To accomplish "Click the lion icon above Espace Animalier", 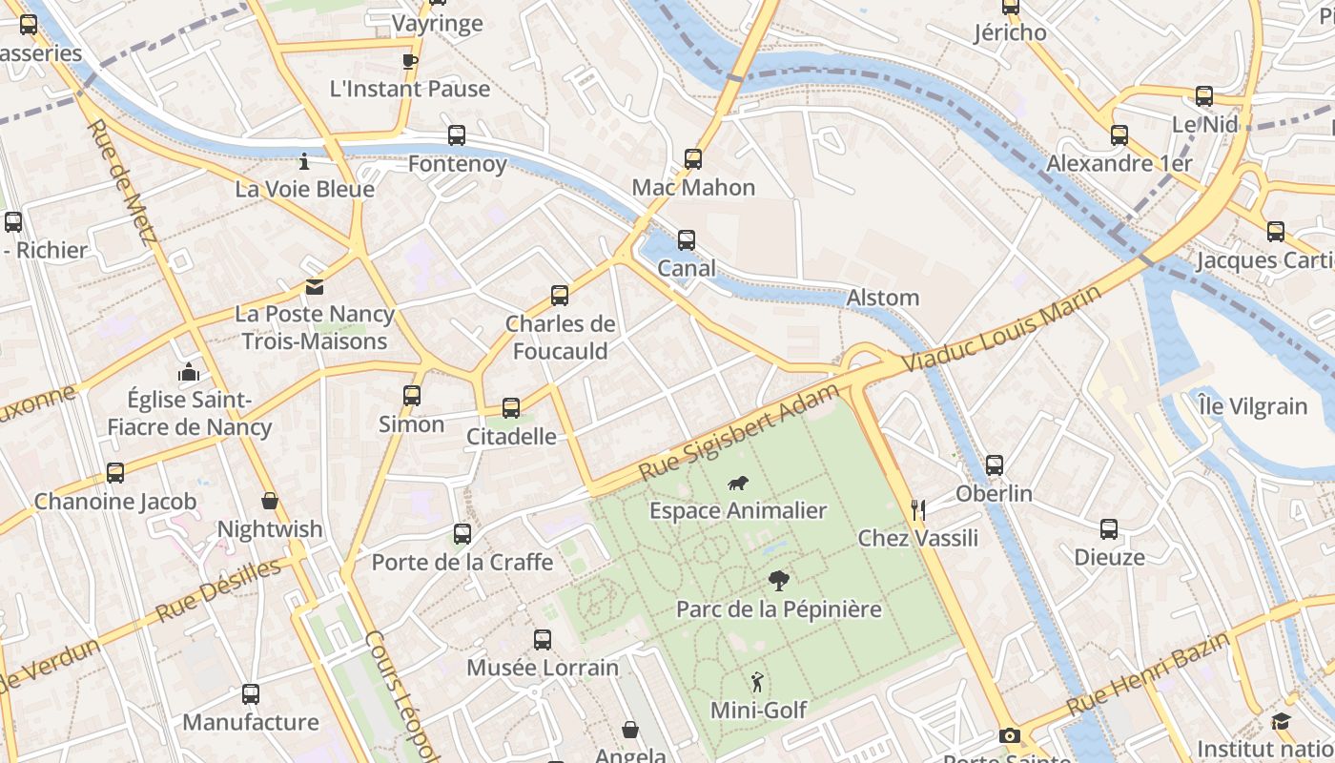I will [x=737, y=484].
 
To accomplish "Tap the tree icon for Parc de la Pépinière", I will [x=778, y=581].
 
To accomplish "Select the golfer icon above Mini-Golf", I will [x=757, y=682].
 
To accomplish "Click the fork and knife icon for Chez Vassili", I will [x=918, y=509].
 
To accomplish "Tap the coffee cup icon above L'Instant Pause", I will [x=410, y=62].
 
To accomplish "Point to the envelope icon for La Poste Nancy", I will [x=314, y=287].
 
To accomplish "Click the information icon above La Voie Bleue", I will [x=304, y=161].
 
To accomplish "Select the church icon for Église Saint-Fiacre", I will [x=189, y=372].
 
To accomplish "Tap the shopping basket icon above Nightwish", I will [x=270, y=501].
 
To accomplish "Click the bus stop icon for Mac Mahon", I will [x=693, y=159].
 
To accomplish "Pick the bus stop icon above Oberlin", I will [x=995, y=465].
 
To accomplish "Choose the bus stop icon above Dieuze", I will [x=1109, y=529].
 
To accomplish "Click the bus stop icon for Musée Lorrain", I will [x=543, y=640].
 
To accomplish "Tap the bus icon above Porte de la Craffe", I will [x=462, y=534].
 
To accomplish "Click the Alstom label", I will [x=883, y=298].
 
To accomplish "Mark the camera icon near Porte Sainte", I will [x=1010, y=735].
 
